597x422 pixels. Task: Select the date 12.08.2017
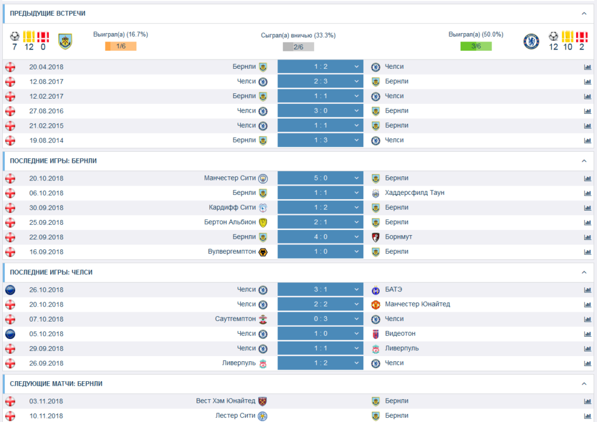tap(46, 81)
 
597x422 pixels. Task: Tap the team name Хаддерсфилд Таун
tap(415, 193)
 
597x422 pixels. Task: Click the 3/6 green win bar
tap(476, 47)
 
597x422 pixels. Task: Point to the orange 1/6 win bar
tap(121, 47)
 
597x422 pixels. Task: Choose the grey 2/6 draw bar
tap(298, 47)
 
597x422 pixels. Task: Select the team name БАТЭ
tap(394, 290)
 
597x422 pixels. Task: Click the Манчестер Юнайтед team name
tap(417, 304)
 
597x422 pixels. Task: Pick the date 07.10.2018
tap(46, 319)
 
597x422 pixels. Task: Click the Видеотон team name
tap(401, 333)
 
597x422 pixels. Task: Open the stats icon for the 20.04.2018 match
tap(587, 67)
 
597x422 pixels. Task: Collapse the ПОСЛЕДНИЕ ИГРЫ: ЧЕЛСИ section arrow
tap(584, 273)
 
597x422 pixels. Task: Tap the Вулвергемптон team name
tap(231, 252)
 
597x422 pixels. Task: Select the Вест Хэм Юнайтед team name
tap(226, 401)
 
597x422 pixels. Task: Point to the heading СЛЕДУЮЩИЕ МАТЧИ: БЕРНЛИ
tap(56, 383)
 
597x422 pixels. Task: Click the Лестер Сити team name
tap(236, 416)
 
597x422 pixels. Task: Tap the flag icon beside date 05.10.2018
tap(10, 334)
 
